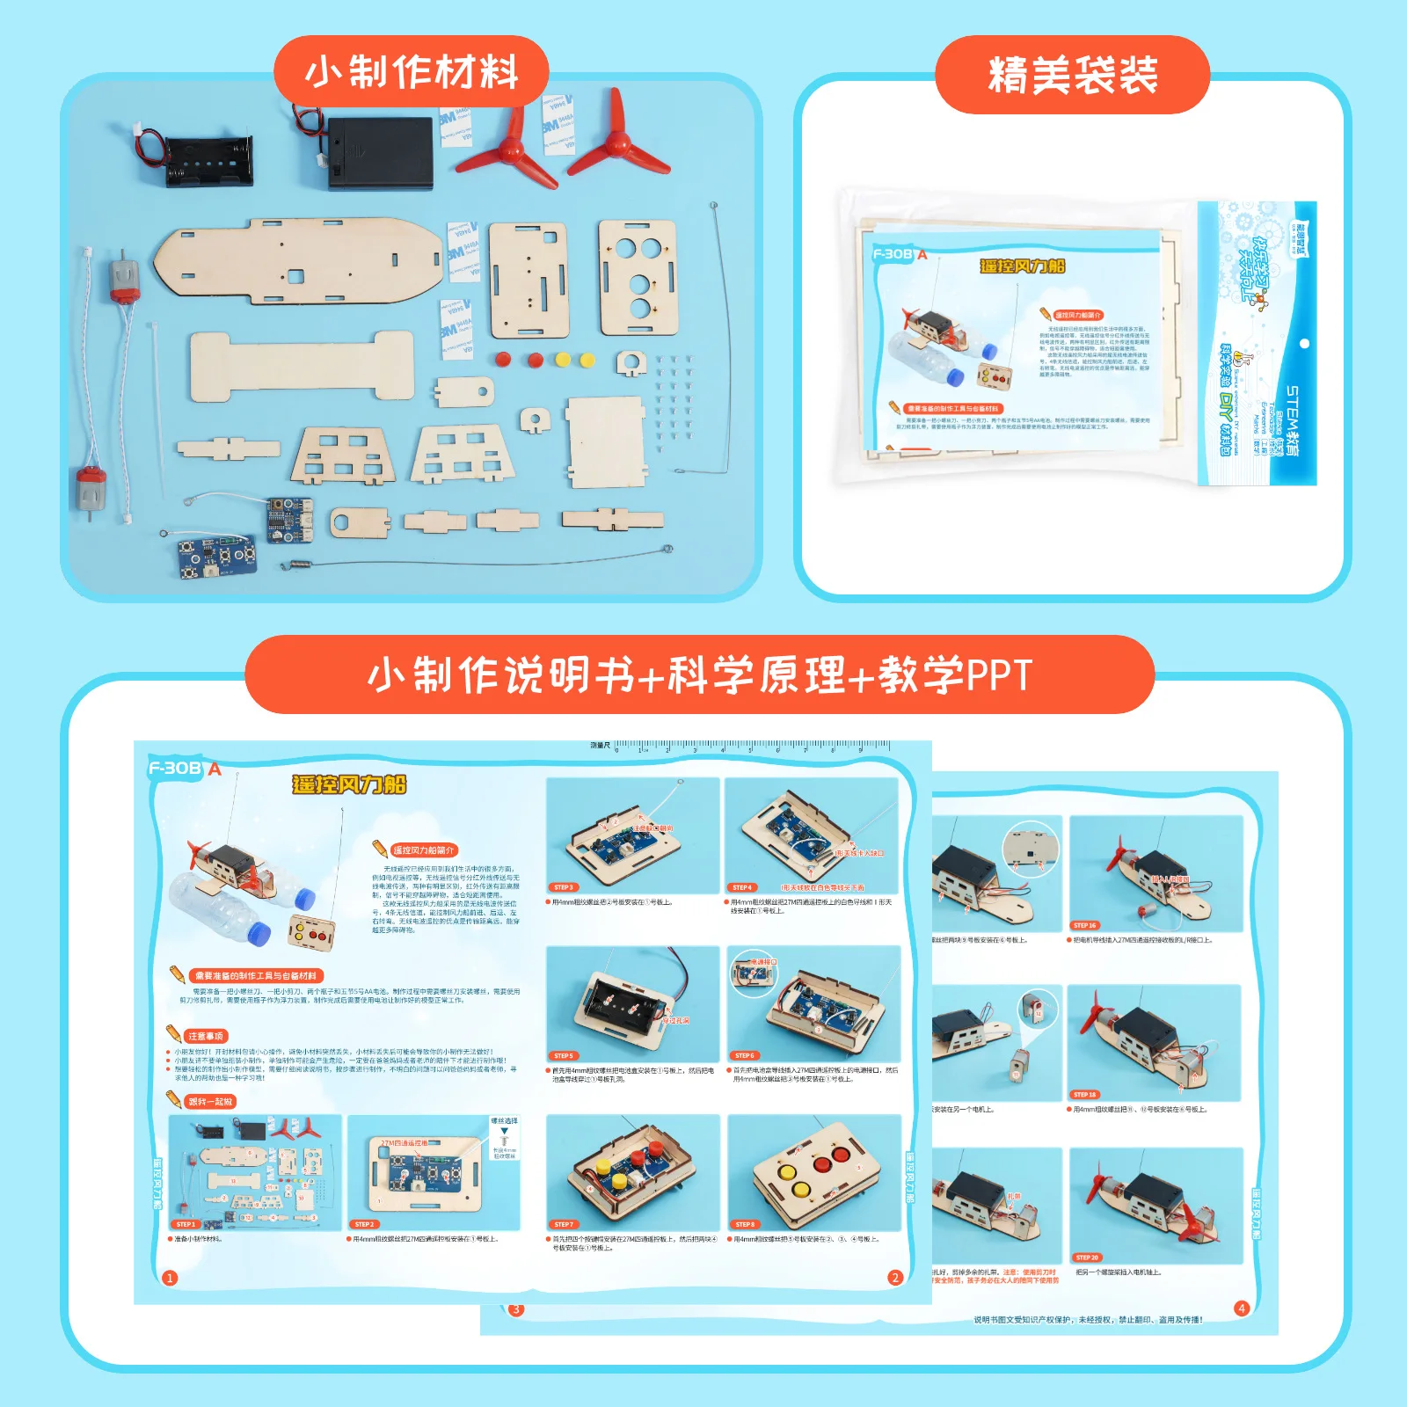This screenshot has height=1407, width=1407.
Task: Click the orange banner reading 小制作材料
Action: pyautogui.click(x=411, y=72)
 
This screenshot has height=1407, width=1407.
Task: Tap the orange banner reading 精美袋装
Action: pyautogui.click(x=1072, y=75)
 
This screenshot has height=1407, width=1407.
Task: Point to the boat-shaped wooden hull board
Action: pyautogui.click(x=299, y=261)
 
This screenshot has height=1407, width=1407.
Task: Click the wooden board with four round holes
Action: pyautogui.click(x=638, y=277)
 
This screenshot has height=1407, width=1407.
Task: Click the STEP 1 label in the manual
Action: pyautogui.click(x=186, y=1224)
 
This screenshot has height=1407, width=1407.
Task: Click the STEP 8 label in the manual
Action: pyautogui.click(x=744, y=1224)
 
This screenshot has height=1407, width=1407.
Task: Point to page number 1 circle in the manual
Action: pyautogui.click(x=170, y=1278)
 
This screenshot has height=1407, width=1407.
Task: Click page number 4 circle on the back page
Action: pyautogui.click(x=1242, y=1308)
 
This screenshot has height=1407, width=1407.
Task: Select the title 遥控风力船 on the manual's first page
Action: pyautogui.click(x=349, y=784)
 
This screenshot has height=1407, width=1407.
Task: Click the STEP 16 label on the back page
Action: pyautogui.click(x=1084, y=925)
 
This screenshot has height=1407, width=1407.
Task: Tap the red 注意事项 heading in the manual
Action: pyautogui.click(x=206, y=1036)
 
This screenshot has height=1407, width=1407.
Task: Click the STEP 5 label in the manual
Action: pyautogui.click(x=563, y=1055)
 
